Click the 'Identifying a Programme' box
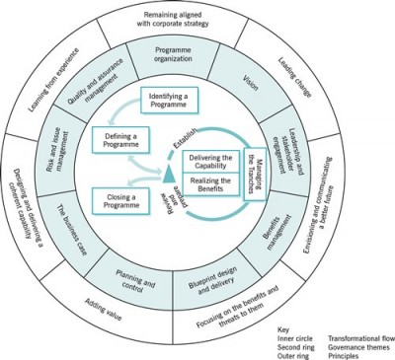(x=173, y=100)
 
